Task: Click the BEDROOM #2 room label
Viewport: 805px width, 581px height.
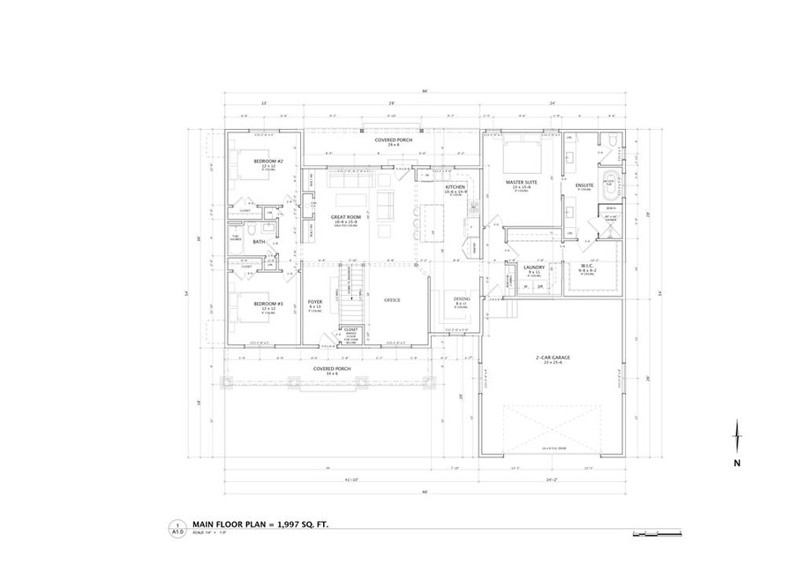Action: (x=266, y=161)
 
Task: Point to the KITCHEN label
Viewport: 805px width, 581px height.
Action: (x=455, y=187)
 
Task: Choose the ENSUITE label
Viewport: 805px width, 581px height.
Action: (x=584, y=185)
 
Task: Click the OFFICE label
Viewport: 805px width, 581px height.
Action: (x=392, y=300)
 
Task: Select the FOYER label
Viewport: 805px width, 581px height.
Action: (x=314, y=302)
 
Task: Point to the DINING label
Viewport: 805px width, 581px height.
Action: (x=461, y=299)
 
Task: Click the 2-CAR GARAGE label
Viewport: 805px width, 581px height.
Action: (x=553, y=358)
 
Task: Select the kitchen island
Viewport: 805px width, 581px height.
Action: (x=433, y=221)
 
